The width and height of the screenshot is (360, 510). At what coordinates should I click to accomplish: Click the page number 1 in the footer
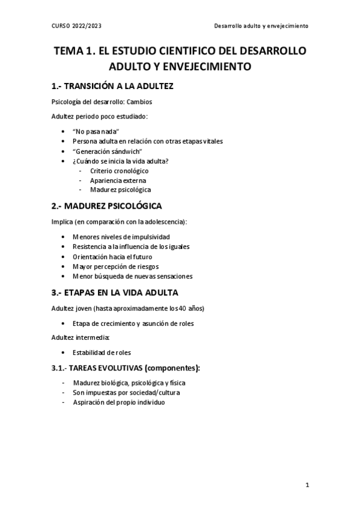pos(307,485)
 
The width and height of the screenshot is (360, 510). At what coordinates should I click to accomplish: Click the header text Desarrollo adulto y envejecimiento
pos(261,26)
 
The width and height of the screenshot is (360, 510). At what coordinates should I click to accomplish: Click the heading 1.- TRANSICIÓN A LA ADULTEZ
pos(113,86)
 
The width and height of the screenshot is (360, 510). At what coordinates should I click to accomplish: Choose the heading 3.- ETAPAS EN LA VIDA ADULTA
pos(115,293)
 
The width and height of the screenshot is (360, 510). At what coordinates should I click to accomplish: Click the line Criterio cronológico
pos(119,170)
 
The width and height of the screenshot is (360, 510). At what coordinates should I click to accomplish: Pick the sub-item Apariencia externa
pos(118,180)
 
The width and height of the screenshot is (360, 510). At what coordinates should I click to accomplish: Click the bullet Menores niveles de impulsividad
pos(121,237)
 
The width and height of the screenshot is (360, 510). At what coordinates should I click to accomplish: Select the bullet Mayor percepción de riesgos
pos(115,266)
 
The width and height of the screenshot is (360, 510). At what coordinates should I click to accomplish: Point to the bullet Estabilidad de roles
pos(102,352)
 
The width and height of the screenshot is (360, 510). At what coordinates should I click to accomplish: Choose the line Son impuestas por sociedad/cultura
pos(126,392)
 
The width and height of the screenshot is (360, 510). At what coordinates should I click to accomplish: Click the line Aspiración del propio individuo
pos(118,402)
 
